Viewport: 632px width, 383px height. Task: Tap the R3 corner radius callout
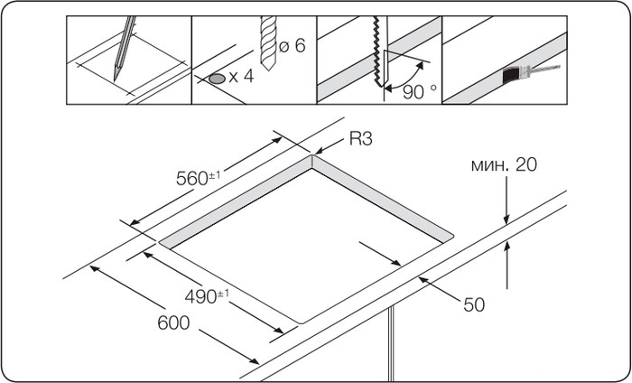coord(360,139)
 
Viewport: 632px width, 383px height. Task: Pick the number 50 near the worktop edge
coord(474,305)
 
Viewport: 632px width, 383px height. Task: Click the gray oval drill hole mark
coord(217,79)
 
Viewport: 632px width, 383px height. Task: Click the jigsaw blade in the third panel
coord(375,54)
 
